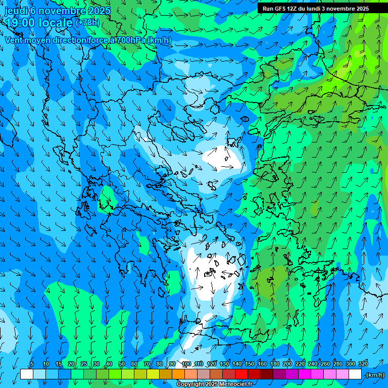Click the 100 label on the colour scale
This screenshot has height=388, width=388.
click(x=186, y=364)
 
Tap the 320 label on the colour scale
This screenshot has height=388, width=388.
click(x=363, y=364)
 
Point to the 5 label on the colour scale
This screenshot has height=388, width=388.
click(x=32, y=364)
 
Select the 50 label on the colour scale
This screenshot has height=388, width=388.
click(x=122, y=364)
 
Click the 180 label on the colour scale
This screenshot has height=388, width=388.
click(x=275, y=364)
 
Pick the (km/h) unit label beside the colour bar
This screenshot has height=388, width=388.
click(x=375, y=375)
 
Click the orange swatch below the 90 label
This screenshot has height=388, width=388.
click(x=178, y=374)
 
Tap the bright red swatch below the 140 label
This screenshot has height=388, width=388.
click(x=241, y=374)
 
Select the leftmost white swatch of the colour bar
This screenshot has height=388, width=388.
click(x=26, y=374)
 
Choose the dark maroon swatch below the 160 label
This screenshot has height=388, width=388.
click(x=266, y=374)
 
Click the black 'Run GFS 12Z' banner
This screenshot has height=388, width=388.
click(x=316, y=9)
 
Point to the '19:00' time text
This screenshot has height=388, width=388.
click(x=21, y=22)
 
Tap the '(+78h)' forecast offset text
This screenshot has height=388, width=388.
click(x=87, y=23)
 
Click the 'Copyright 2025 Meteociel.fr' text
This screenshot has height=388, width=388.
click(x=214, y=384)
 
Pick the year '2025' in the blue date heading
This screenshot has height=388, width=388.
click(x=99, y=11)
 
